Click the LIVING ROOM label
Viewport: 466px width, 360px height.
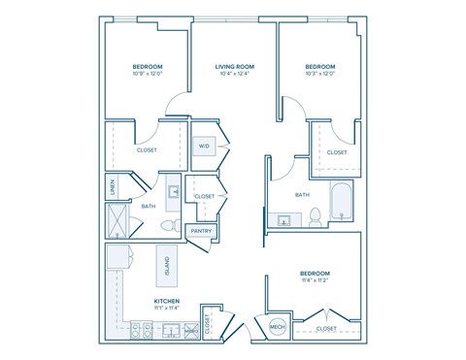234,66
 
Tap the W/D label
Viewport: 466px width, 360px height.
204,147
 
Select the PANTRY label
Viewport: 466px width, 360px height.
201,231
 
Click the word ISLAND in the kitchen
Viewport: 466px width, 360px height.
167,265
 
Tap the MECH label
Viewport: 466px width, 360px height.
276,328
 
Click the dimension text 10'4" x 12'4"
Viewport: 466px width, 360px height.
234,74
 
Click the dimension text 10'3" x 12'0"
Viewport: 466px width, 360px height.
319,74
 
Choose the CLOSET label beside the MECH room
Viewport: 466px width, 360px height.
326,329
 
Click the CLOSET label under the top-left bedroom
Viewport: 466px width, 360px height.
147,150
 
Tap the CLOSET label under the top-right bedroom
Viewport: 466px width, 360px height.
337,152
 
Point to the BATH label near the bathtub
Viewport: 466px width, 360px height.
302,194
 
